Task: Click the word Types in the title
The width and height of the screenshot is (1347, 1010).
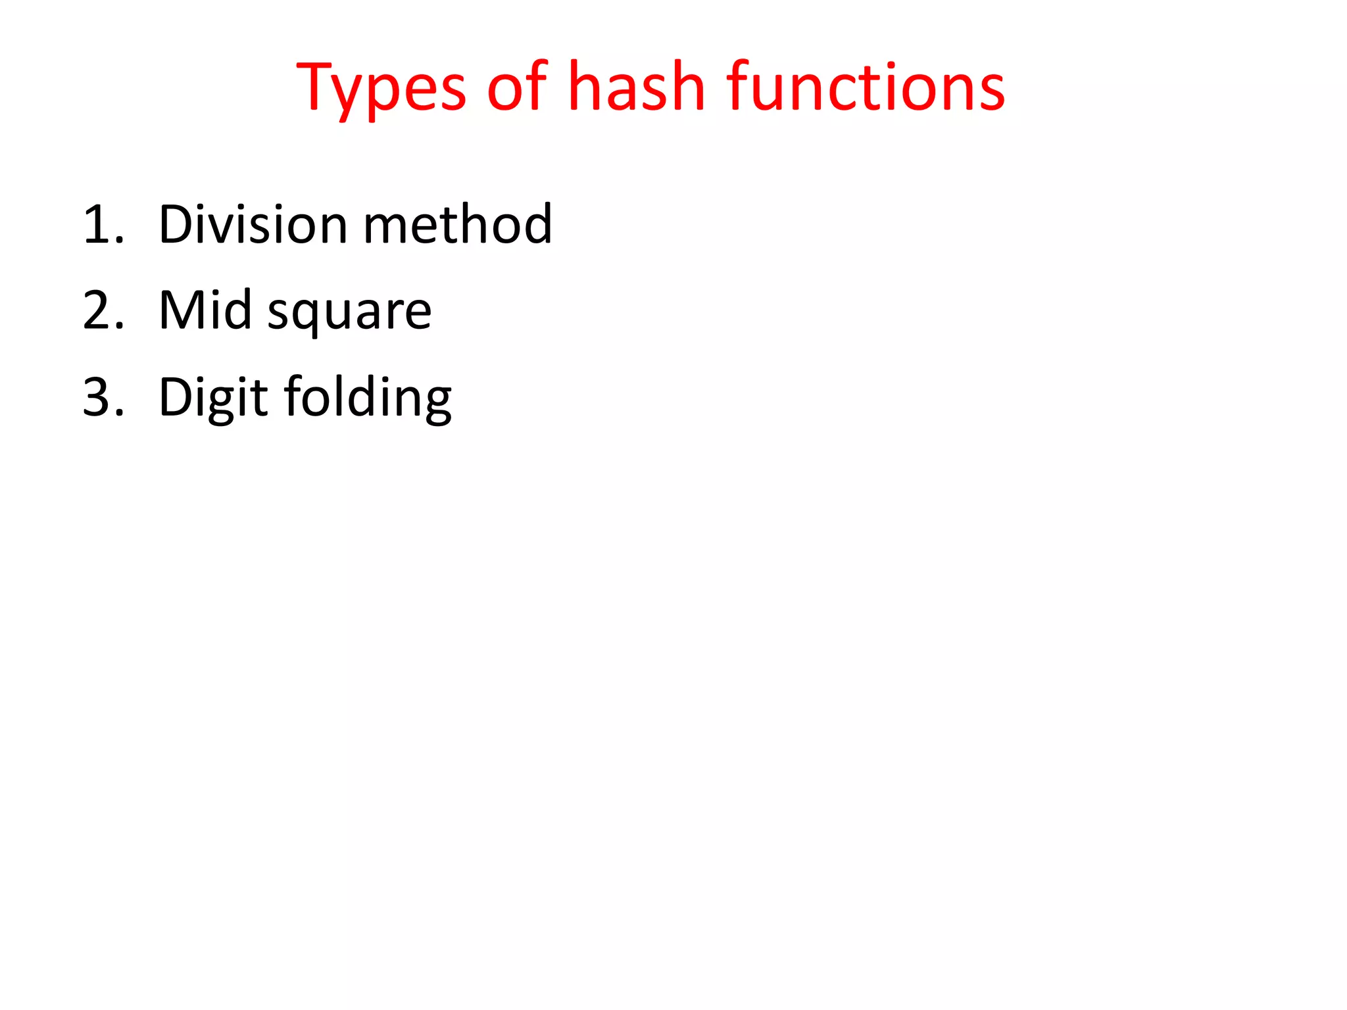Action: [381, 89]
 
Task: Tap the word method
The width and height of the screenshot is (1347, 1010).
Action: [458, 225]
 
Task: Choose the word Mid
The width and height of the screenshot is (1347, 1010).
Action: [205, 310]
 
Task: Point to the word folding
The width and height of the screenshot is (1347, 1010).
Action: [368, 398]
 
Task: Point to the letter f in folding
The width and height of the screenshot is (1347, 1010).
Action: [293, 396]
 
